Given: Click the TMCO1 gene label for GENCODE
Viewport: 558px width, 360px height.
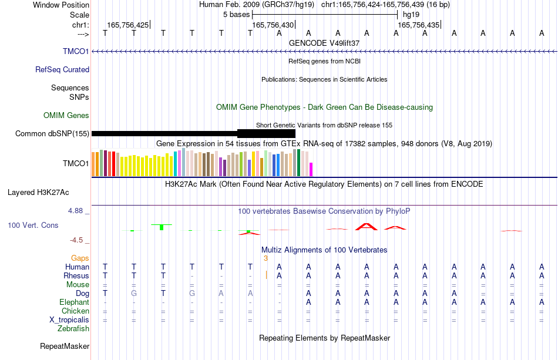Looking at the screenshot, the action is [x=76, y=51].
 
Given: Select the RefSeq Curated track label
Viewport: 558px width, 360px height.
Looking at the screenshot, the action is [x=62, y=69].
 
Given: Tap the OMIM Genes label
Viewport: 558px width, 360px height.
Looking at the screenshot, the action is [x=66, y=115].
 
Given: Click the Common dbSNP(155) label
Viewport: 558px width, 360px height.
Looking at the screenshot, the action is [x=52, y=134].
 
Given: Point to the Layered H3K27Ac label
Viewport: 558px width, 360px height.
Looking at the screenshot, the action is [x=38, y=193].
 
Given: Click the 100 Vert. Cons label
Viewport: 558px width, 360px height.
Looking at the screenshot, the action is [x=33, y=225].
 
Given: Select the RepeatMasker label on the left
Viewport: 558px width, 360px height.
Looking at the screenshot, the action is [x=65, y=346].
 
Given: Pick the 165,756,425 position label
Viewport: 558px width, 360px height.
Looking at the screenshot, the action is [x=128, y=25].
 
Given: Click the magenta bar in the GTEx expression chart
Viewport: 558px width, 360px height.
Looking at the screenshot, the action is [x=311, y=169].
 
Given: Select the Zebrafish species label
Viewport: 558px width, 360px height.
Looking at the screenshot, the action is [x=73, y=328].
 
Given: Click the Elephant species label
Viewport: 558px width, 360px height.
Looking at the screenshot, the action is [x=75, y=302].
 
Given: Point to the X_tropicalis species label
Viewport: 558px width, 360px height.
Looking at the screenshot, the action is [x=69, y=320].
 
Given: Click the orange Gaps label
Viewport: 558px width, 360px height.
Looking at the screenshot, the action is [x=80, y=258].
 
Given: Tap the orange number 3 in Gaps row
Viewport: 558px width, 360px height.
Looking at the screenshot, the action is [x=265, y=258].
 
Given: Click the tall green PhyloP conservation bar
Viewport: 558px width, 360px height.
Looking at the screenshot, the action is [x=162, y=227].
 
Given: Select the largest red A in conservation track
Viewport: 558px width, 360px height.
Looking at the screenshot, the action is [x=367, y=227].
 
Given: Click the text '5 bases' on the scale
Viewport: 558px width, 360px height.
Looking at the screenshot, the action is [x=237, y=15].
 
